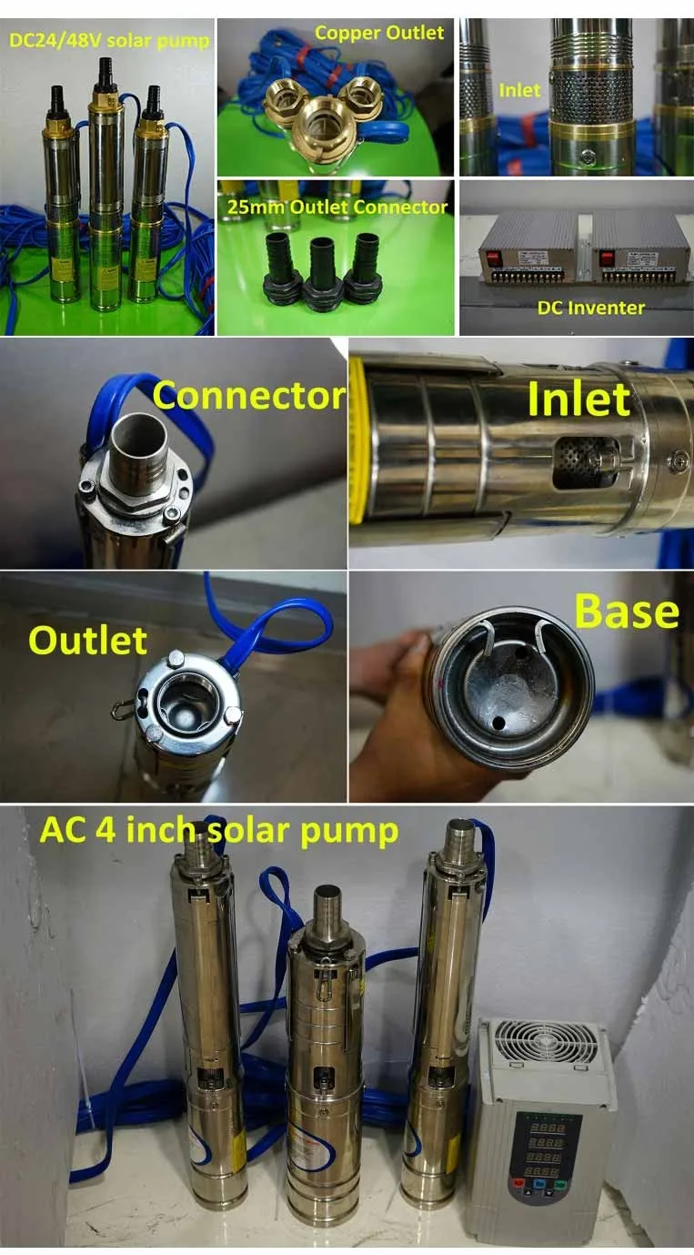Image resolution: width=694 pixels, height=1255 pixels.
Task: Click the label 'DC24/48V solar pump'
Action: [x=108, y=40]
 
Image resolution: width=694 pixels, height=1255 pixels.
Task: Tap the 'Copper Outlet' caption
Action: [x=378, y=33]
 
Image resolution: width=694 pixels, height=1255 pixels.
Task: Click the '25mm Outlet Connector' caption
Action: [x=336, y=207]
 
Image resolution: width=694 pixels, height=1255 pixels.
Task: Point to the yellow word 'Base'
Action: [x=626, y=612]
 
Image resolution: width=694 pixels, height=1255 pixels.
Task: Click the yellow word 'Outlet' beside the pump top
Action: [x=87, y=641]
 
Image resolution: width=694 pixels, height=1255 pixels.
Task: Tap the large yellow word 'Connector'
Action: [x=248, y=396]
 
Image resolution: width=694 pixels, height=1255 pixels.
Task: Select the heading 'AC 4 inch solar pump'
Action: [x=218, y=831]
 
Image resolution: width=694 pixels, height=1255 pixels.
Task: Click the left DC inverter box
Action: [x=528, y=249]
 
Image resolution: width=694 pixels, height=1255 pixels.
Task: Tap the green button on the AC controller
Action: [x=561, y=1204]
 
